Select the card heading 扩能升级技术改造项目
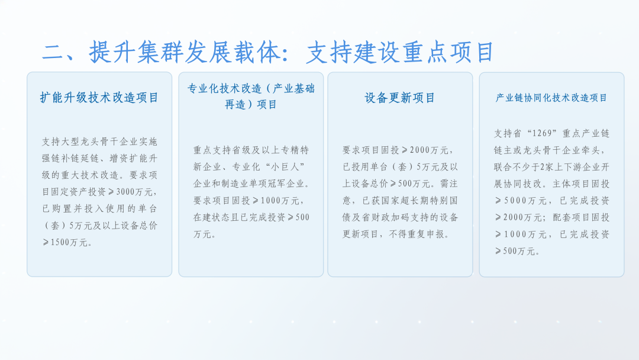pos(99,97)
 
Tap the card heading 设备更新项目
pos(400,97)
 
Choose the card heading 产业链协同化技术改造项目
pos(551,98)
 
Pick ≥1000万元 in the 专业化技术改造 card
pos(277,200)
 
